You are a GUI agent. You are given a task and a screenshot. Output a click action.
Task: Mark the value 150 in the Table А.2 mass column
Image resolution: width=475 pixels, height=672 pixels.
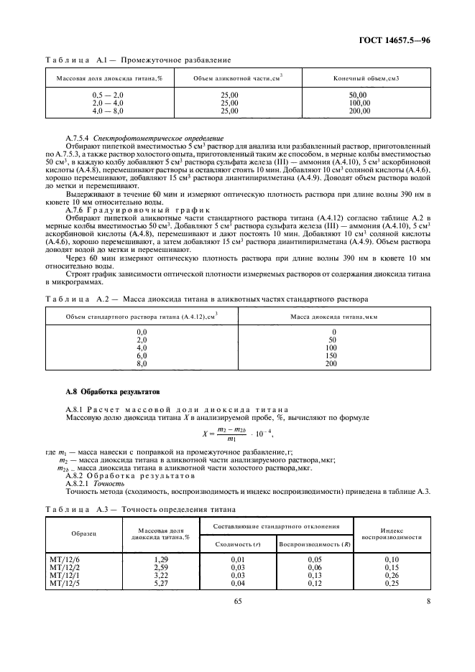[330, 355]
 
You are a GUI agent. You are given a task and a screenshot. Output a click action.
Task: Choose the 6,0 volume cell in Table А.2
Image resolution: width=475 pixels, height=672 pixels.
[142, 355]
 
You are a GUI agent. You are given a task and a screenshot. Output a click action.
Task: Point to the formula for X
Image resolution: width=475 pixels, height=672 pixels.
[238, 432]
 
